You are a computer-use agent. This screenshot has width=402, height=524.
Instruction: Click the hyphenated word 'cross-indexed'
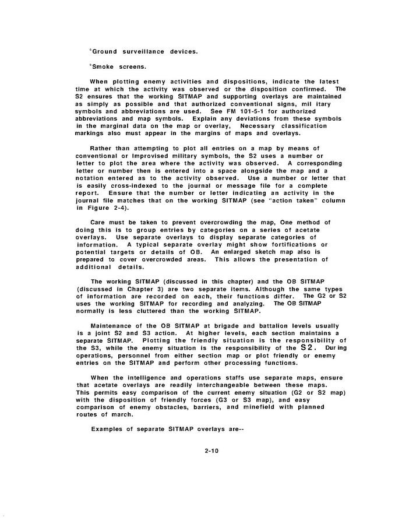pos(130,185)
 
